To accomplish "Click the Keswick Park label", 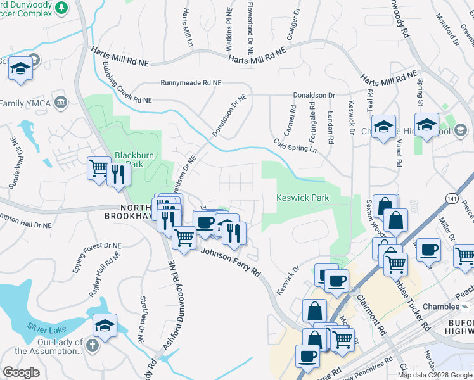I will point(303,198).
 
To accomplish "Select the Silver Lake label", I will point(46,327).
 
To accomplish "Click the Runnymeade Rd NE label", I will point(191,83).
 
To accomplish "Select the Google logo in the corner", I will point(21,372).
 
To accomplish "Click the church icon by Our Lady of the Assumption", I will point(92,345).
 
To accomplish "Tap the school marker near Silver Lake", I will point(105,326).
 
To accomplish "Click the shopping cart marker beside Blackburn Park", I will point(99,169).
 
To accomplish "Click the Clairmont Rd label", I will point(371,314).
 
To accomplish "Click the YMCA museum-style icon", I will point(61,102).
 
